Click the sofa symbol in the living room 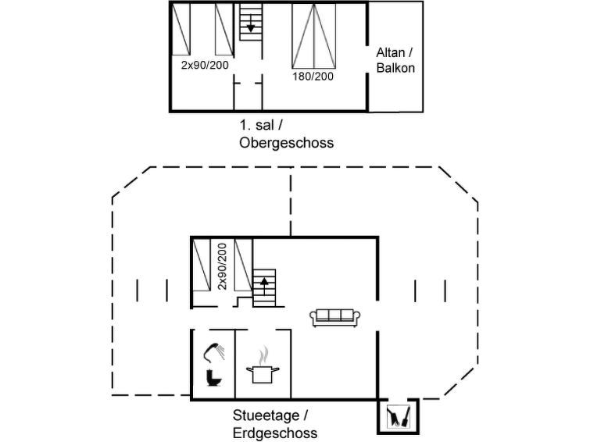335,317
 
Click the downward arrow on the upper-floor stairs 250,27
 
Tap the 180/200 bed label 313,77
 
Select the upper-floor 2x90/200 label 205,65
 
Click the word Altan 391,52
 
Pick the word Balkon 395,68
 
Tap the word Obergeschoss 287,143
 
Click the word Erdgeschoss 275,433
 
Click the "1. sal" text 257,125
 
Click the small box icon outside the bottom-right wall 398,416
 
